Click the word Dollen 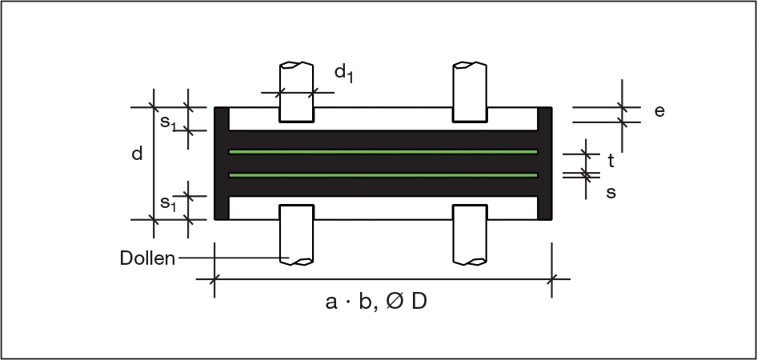coord(147,258)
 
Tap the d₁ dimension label coord(344,74)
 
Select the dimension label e coord(659,111)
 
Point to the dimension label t coord(611,162)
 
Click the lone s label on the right coord(611,192)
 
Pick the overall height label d coord(138,154)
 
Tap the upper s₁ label coord(168,122)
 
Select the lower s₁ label coord(168,203)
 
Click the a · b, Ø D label coord(376,302)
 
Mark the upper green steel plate coord(383,152)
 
